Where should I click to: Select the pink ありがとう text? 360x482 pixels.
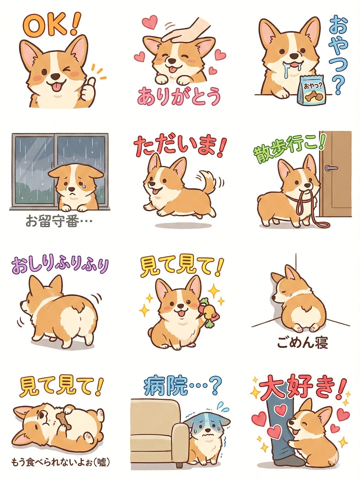(179, 96)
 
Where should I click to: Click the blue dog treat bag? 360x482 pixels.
(312, 91)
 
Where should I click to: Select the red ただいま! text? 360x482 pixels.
(179, 147)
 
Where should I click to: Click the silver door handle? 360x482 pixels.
(331, 168)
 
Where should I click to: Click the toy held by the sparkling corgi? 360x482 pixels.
(206, 311)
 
